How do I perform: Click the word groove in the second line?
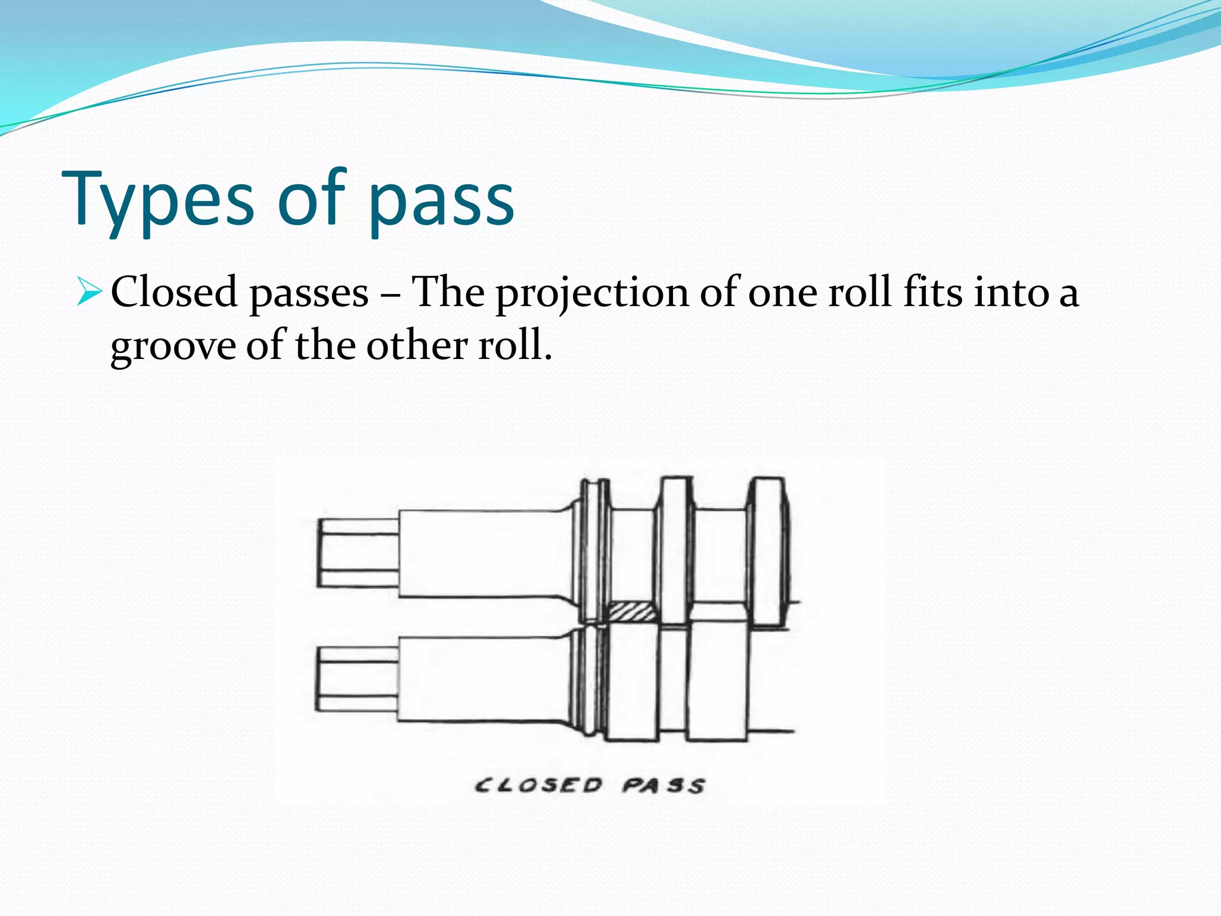tap(173, 346)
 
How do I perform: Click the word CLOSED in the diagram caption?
tap(538, 785)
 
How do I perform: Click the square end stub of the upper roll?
tap(358, 553)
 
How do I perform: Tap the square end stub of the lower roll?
tap(358, 679)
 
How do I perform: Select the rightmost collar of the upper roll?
tap(769, 552)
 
